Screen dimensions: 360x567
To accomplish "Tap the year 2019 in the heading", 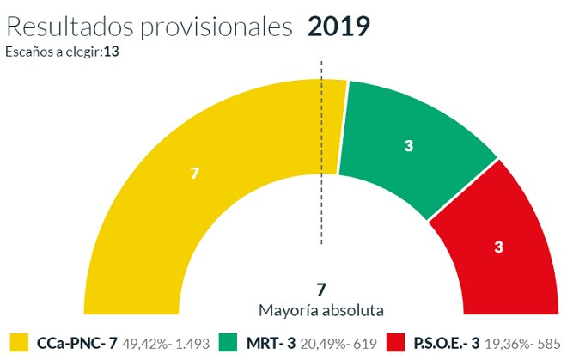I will (x=338, y=26).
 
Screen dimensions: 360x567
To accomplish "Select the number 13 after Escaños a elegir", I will (x=112, y=52).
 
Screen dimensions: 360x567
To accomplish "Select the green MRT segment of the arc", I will (x=408, y=146).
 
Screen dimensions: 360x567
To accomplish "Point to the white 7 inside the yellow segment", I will (x=195, y=174).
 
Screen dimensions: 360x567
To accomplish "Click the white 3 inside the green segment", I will (x=409, y=146).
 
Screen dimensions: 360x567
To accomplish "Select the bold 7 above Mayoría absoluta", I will (x=321, y=289).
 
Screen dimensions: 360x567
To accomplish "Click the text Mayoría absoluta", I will (x=321, y=309).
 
